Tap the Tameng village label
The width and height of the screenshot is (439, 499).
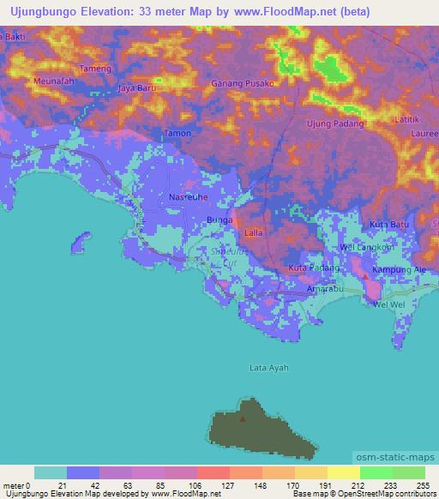pos(96,69)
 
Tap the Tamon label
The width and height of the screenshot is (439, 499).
pos(177,133)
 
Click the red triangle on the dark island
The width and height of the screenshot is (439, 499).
pos(243,419)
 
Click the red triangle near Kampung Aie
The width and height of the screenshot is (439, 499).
pos(366,276)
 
